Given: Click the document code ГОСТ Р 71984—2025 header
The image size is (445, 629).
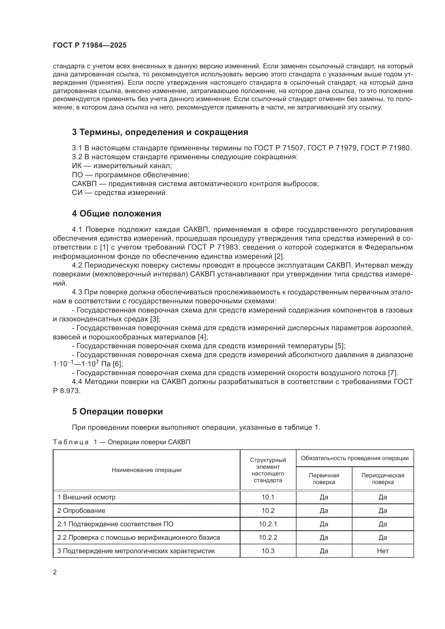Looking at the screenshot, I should pyautogui.click(x=90, y=45).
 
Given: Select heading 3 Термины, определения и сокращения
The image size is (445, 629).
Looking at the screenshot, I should pyautogui.click(x=160, y=132).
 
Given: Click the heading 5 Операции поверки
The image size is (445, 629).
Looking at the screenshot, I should pyautogui.click(x=117, y=411).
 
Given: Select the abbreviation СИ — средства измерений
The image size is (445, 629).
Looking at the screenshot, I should pyautogui.click(x=119, y=193).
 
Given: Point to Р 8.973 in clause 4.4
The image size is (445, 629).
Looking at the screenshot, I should pyautogui.click(x=66, y=391).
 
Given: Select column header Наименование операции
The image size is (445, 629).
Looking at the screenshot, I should pyautogui.click(x=146, y=470).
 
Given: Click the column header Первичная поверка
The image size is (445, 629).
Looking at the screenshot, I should pyautogui.click(x=324, y=479).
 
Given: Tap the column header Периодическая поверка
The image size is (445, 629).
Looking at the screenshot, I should pyautogui.click(x=383, y=479).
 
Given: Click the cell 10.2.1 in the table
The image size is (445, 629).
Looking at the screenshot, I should pyautogui.click(x=268, y=524).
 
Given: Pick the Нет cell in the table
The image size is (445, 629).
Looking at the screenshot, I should pyautogui.click(x=383, y=551).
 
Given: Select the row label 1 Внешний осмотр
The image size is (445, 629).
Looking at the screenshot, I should pyautogui.click(x=86, y=497).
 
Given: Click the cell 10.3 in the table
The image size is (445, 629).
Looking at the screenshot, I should pyautogui.click(x=268, y=551).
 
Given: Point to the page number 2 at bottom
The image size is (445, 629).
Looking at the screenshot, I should pyautogui.click(x=55, y=572).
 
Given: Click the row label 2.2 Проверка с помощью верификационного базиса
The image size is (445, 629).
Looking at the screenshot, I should pyautogui.click(x=138, y=538).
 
